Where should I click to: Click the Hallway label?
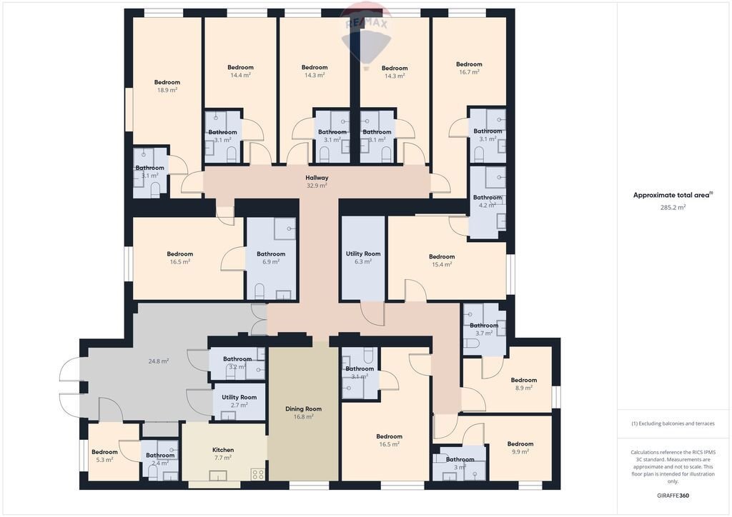coord(317,178)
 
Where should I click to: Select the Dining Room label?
coord(303,409)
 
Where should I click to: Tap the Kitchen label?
coord(223,450)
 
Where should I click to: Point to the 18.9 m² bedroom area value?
coord(167,91)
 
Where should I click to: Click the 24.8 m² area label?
coord(159,361)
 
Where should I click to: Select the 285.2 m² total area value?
coord(673,208)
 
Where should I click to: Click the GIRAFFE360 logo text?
coord(673,495)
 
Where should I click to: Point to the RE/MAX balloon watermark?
coord(366,36)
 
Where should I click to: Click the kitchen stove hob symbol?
coord(258,474)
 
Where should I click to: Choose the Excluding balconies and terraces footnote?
coord(673,423)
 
